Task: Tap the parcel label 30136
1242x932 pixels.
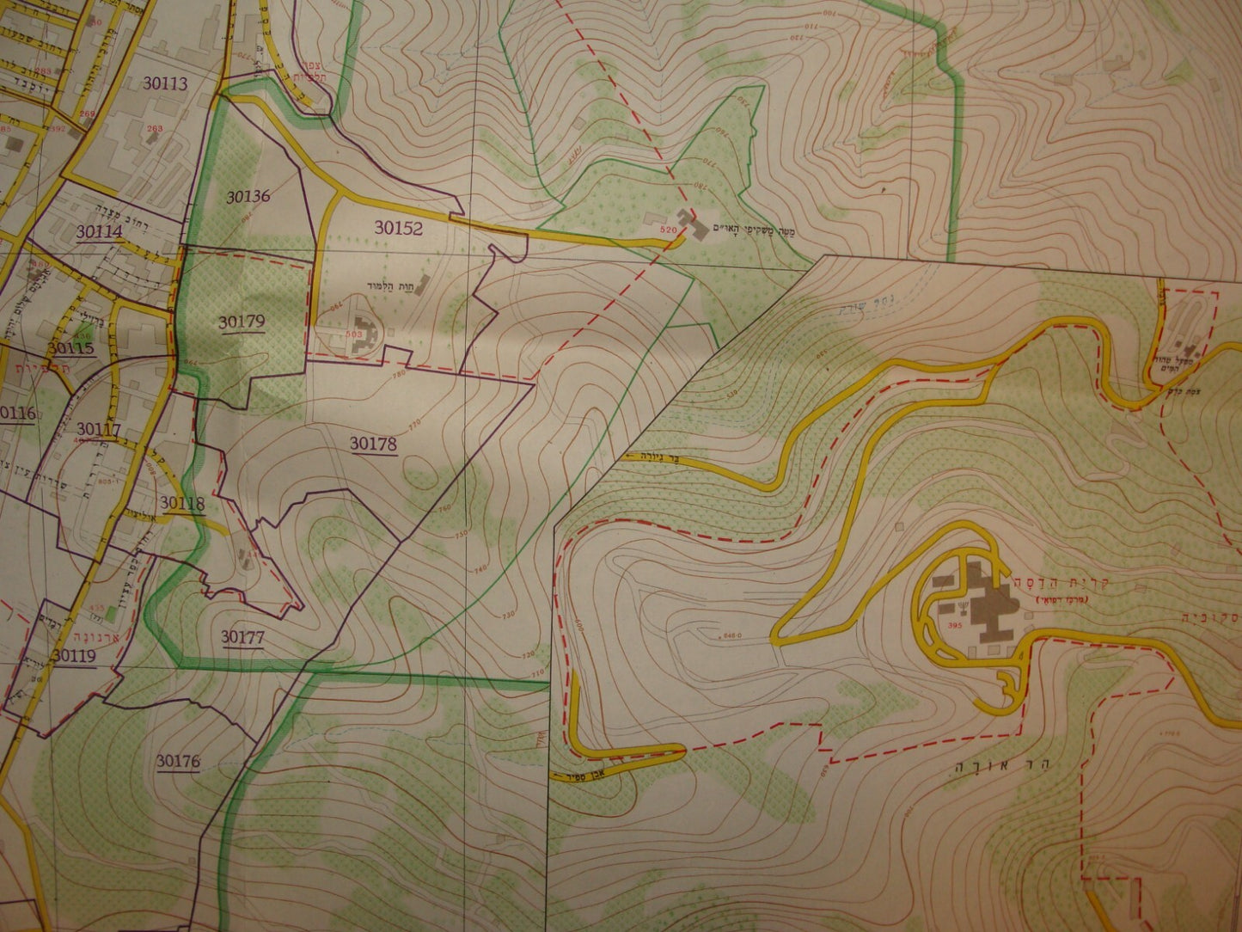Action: click(x=248, y=196)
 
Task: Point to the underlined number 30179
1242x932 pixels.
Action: click(x=241, y=322)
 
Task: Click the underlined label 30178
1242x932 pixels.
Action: click(x=373, y=444)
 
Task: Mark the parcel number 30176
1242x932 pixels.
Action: click(x=178, y=761)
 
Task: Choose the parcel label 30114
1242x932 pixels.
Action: click(x=100, y=231)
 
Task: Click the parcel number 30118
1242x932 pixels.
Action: click(x=181, y=504)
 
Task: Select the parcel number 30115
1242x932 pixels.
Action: click(x=70, y=349)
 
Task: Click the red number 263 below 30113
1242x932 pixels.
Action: click(x=155, y=129)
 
